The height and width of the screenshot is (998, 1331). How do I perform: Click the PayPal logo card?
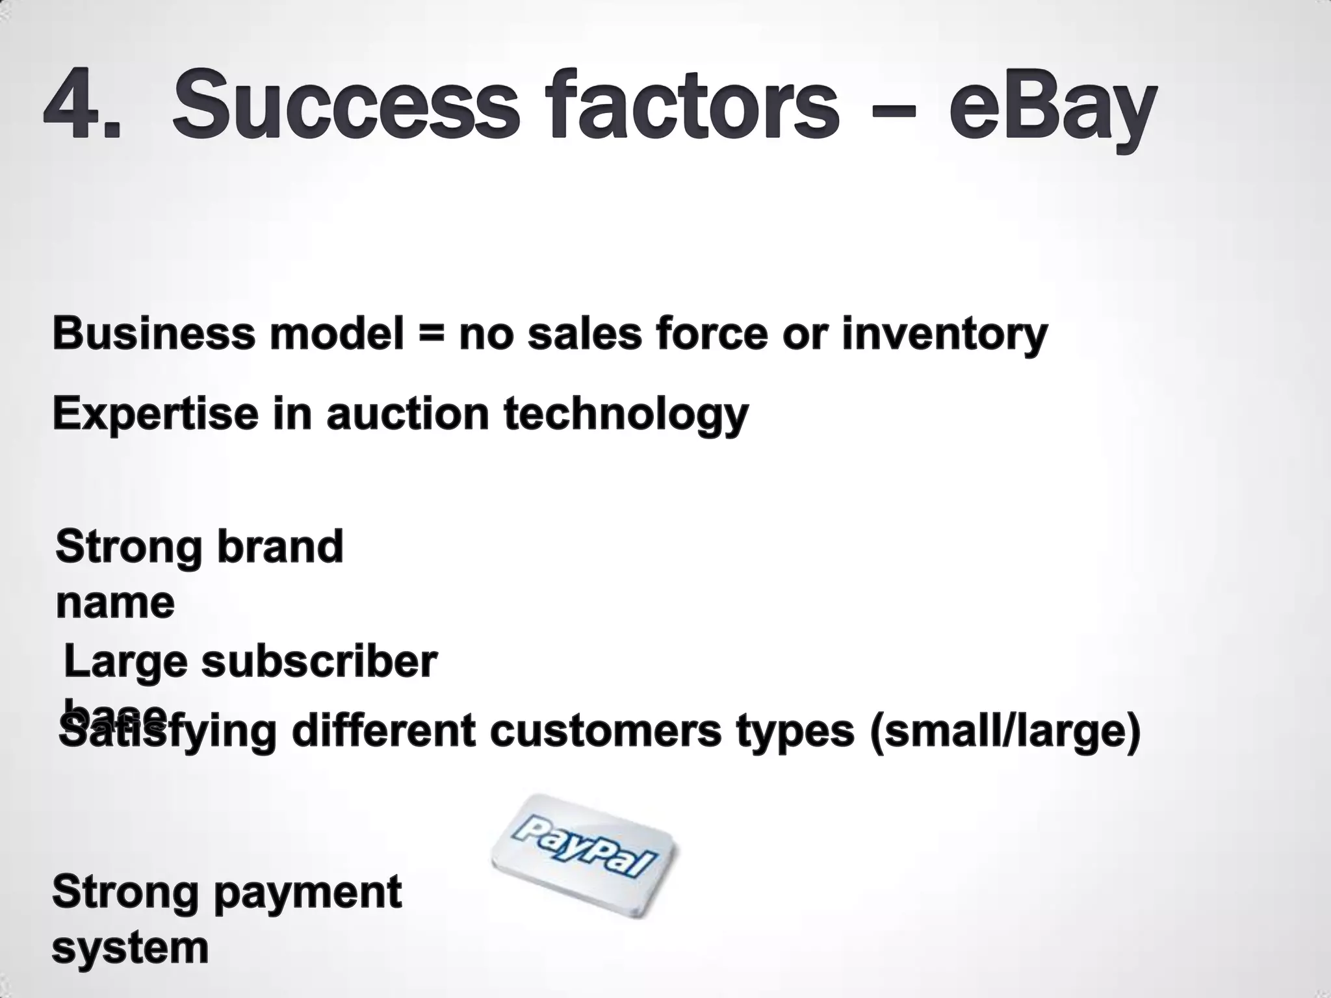tap(583, 854)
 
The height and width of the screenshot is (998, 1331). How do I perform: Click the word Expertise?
tap(155, 415)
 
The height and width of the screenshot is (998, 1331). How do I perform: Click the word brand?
tap(279, 547)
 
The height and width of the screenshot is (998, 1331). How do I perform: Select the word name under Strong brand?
tap(115, 603)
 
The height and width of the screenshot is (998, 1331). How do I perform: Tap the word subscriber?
tap(318, 663)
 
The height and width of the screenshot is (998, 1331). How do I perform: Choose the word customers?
tap(606, 730)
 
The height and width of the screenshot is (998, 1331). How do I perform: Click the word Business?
tap(153, 335)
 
